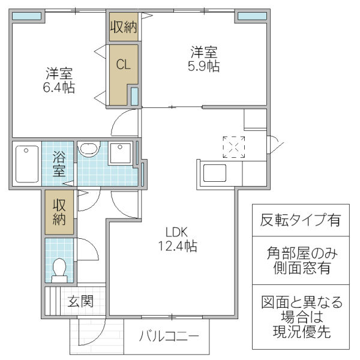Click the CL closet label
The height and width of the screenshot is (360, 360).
(x=124, y=65)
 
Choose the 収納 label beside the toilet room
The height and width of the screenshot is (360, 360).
(x=59, y=211)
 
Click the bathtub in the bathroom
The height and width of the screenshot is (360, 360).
(x=26, y=163)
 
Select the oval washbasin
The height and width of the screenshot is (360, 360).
(x=90, y=149)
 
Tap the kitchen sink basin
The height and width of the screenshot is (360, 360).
(x=214, y=174)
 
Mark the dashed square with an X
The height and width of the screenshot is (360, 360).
(x=234, y=146)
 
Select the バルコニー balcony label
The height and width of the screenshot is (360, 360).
(x=166, y=335)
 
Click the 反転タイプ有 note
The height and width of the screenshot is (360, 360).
(x=300, y=220)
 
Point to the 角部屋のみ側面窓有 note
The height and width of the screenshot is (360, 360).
(x=300, y=260)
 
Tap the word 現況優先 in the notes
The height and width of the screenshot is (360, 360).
(x=300, y=332)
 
